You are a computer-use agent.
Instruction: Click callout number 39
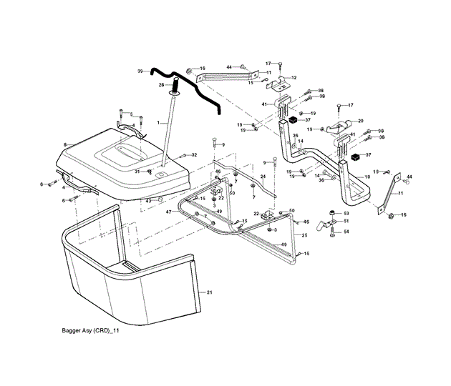[x=140, y=71]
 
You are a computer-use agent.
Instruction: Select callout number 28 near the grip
[x=161, y=85]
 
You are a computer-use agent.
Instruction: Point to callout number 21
[x=210, y=292]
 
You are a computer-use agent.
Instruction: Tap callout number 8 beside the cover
[x=65, y=145]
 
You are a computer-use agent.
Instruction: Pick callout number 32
[x=194, y=154]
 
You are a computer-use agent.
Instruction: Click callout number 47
[x=170, y=212]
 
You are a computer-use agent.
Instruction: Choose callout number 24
[x=263, y=177]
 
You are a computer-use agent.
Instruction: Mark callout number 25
[x=304, y=235]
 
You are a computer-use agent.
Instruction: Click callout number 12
[x=294, y=77]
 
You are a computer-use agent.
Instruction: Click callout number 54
[x=346, y=232]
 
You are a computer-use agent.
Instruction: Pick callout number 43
[x=148, y=201]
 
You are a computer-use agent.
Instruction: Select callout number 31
[x=137, y=171]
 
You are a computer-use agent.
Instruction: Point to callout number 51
[x=346, y=222]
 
